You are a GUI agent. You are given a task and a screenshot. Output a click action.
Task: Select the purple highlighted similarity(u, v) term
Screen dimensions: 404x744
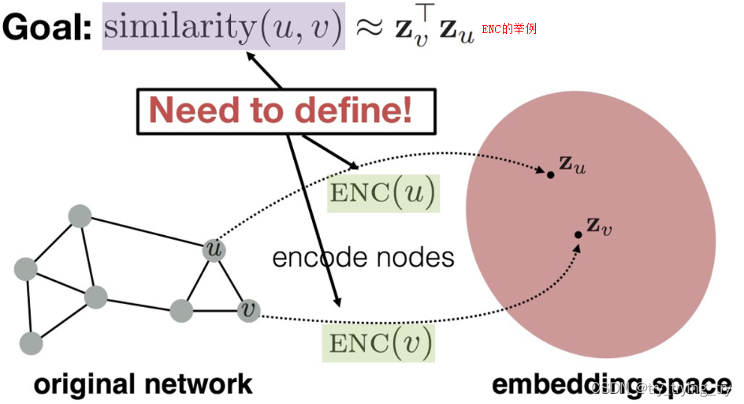coord(224,28)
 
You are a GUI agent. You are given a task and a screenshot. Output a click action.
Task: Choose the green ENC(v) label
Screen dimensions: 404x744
coord(381,343)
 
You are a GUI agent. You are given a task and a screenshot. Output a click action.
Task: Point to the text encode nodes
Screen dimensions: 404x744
coord(363,257)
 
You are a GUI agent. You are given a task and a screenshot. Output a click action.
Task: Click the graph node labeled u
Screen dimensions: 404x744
coord(212,249)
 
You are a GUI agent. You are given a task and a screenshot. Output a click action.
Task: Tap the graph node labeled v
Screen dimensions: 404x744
coord(248,309)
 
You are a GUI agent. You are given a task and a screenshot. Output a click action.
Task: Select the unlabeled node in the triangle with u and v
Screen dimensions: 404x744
coord(182,310)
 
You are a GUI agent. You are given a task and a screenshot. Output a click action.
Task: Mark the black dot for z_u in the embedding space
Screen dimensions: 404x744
coord(550,174)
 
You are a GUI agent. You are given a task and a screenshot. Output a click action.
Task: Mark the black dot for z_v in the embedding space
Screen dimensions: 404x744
coord(578,234)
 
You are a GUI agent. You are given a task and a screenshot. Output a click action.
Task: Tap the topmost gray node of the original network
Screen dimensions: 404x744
coord(80,215)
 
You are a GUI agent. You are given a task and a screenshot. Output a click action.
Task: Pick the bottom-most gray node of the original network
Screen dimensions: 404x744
coord(31,342)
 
